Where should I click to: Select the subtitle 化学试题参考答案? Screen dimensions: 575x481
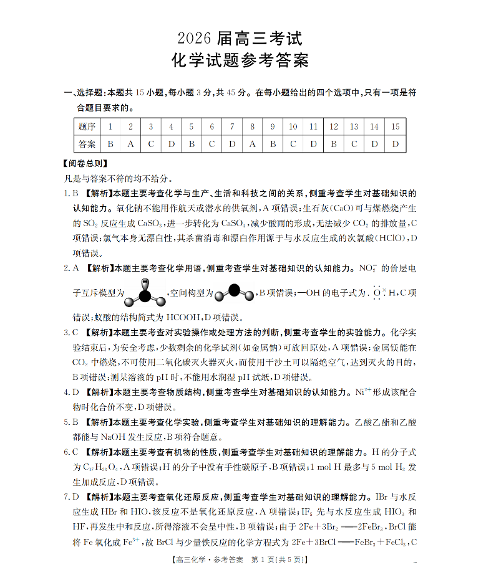click(x=240, y=62)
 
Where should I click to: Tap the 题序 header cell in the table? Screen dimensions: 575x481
click(x=87, y=127)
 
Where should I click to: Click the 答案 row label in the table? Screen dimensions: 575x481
click(x=87, y=144)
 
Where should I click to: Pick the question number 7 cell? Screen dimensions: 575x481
click(x=232, y=127)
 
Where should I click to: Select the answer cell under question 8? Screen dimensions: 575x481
click(x=252, y=144)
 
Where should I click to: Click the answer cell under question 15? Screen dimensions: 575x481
click(x=395, y=144)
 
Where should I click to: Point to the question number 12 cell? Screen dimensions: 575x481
click(x=334, y=127)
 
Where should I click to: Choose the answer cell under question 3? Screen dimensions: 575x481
click(x=151, y=144)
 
